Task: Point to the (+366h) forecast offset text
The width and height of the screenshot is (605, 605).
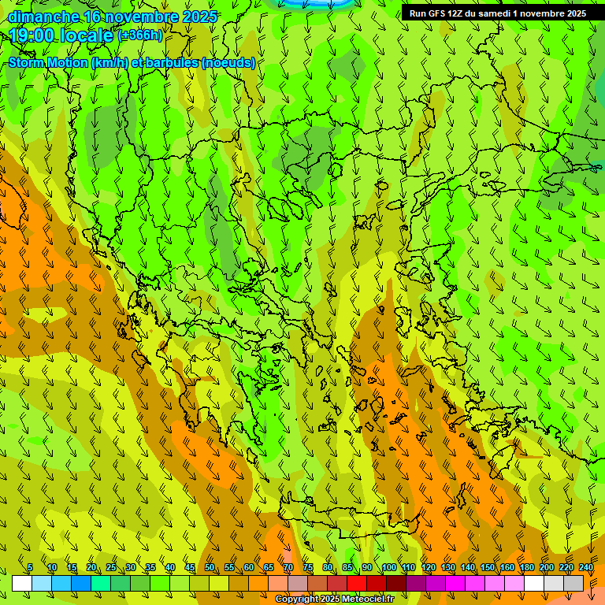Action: tap(139, 35)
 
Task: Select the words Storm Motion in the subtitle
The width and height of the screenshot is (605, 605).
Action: tap(48, 63)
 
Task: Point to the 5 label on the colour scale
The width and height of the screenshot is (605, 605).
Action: tap(30, 567)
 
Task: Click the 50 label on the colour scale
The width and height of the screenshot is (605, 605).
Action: tap(210, 567)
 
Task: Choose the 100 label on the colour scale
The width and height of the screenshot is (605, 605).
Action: tap(389, 567)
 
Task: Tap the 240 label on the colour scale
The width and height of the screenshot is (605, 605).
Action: tap(586, 567)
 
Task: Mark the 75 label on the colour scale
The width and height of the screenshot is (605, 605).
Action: tap(308, 567)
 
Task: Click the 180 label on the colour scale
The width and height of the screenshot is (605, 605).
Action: tap(527, 567)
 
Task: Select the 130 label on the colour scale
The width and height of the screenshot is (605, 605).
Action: tap(448, 567)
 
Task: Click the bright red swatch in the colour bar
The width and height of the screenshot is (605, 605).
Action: tap(357, 584)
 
